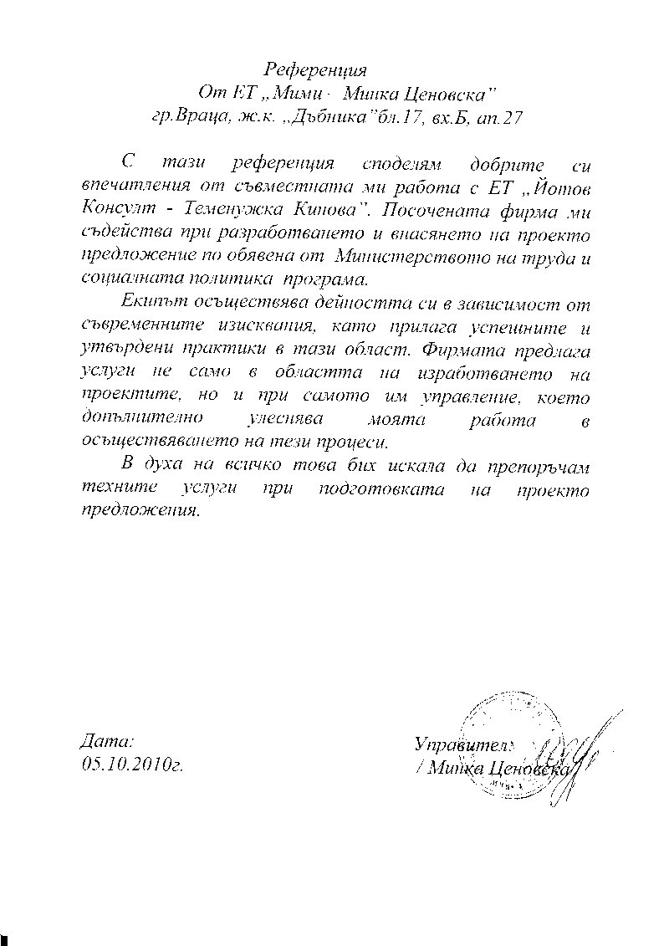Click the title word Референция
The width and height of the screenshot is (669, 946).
tap(315, 69)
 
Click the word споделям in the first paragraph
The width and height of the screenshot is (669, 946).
tap(390, 162)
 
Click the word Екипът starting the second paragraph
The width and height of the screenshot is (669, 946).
tap(154, 301)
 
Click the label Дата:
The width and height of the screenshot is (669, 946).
tap(108, 742)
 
